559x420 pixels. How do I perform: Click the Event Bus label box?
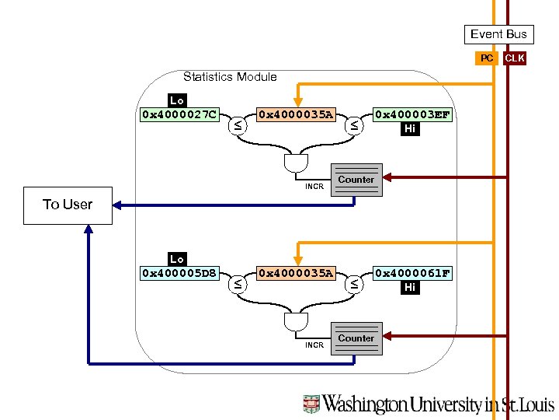[x=498, y=33]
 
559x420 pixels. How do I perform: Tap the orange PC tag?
[x=486, y=58]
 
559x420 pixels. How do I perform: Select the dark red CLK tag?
[x=514, y=58]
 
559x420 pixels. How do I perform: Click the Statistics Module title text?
[x=230, y=76]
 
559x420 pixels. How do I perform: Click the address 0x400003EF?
[x=411, y=115]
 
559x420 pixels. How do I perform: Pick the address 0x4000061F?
[x=411, y=273]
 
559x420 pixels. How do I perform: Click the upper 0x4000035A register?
[x=295, y=115]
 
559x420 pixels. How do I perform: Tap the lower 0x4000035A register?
[x=295, y=273]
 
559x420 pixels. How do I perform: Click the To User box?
[x=68, y=205]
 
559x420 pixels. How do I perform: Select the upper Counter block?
[x=356, y=180]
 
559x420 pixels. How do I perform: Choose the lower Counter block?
[x=356, y=338]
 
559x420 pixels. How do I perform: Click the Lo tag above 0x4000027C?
[x=177, y=100]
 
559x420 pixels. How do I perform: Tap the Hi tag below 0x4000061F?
[x=410, y=288]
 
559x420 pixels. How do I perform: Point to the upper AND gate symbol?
[x=296, y=163]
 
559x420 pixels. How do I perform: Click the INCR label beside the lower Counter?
[x=314, y=345]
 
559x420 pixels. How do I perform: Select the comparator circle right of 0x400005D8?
[x=237, y=283]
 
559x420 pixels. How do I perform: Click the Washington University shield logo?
[x=311, y=404]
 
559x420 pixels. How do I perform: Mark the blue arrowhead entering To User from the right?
[x=118, y=205]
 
